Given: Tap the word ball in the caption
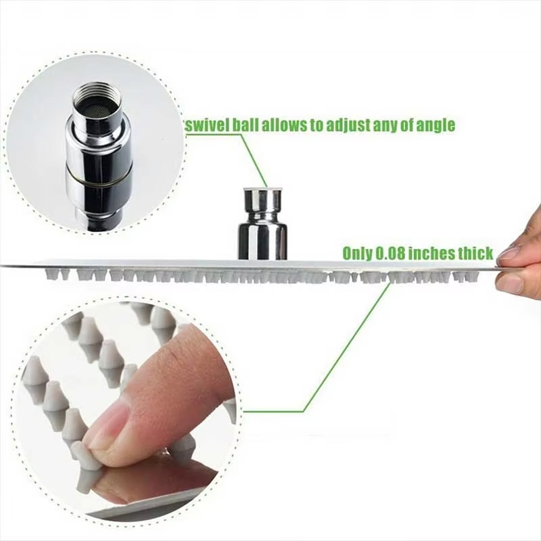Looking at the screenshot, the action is pos(245,125).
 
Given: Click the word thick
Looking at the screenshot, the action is pos(476,253).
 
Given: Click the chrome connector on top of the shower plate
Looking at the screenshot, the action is pos(263,224).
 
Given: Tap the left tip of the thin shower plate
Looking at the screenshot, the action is pos(1,265).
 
